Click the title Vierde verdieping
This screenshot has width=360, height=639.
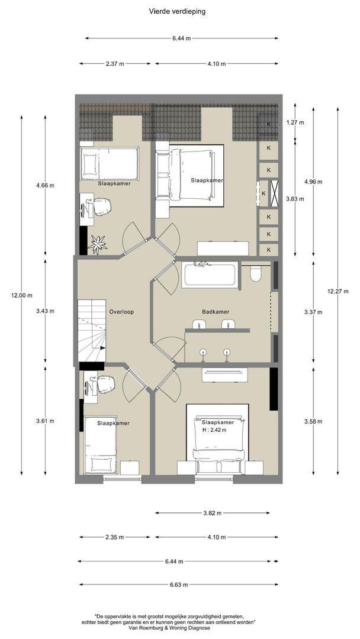[x=177, y=11]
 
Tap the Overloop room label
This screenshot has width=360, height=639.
[x=121, y=312]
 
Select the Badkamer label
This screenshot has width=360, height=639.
[x=216, y=312]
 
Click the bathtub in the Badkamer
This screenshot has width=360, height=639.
[x=210, y=275]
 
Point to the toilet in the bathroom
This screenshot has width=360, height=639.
[x=256, y=273]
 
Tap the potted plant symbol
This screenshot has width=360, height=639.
[x=98, y=244]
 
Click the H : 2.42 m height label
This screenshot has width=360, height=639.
[x=214, y=430]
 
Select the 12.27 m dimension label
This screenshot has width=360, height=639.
[x=337, y=291]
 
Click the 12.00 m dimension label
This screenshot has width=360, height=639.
[x=21, y=295]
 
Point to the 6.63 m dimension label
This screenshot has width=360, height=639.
[x=179, y=585]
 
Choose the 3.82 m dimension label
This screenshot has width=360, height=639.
[x=212, y=513]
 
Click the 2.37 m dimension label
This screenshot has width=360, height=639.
[x=115, y=63]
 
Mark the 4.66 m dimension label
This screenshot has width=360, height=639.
[x=45, y=185]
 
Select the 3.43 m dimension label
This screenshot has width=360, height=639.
[x=45, y=311]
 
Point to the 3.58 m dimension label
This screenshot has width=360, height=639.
[x=313, y=421]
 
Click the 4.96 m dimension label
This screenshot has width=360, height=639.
[x=313, y=182]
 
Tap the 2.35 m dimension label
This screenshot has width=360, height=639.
[x=114, y=537]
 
